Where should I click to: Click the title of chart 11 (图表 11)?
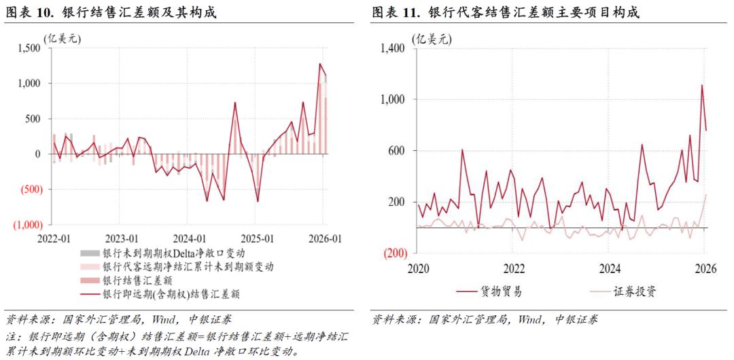coord(506,13)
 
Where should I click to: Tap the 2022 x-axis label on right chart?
coord(514,268)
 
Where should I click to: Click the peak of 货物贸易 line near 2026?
coord(702,85)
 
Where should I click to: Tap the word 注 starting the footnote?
coord(11,336)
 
